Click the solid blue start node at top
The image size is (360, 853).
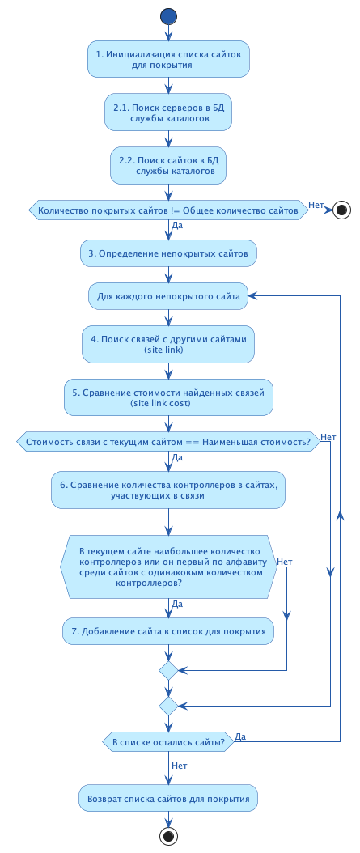tap(168, 16)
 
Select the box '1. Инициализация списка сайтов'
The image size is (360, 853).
tap(168, 59)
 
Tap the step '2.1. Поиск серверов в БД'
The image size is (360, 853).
tap(168, 112)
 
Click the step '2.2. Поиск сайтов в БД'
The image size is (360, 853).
tap(168, 165)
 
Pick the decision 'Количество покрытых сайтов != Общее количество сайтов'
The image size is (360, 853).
tap(168, 210)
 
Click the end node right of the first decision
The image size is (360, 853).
tap(342, 210)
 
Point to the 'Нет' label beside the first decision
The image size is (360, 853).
tap(316, 205)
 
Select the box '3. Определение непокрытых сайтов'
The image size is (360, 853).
tap(168, 253)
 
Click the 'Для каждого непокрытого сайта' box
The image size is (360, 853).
tap(168, 296)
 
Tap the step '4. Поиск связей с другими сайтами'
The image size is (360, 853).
tap(168, 345)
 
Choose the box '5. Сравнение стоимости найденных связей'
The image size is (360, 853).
tap(168, 397)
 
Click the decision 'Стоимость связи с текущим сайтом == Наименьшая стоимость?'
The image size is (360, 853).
tap(168, 442)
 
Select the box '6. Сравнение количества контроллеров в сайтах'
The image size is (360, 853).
tap(168, 490)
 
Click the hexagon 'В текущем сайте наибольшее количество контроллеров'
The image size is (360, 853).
tap(168, 567)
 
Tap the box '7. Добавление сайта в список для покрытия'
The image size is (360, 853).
tap(168, 631)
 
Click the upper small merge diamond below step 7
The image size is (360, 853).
tap(168, 670)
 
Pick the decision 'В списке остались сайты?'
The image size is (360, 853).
tap(168, 742)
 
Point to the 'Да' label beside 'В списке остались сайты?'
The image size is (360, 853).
tap(241, 736)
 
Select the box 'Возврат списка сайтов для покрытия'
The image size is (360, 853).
tap(168, 798)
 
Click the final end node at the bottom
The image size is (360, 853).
tap(168, 836)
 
